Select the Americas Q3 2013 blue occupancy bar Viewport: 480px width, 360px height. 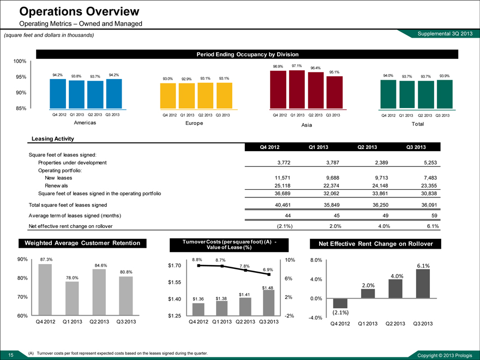[114, 94]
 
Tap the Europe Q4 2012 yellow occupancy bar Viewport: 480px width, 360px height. [168, 97]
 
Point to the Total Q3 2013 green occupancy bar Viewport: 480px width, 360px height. [445, 94]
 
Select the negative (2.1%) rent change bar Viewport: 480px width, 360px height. [340, 303]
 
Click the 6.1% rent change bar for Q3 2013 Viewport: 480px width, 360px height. [423, 284]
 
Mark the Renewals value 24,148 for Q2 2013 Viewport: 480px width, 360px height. [370, 185]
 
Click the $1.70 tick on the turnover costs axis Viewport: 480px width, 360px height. [175, 266]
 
